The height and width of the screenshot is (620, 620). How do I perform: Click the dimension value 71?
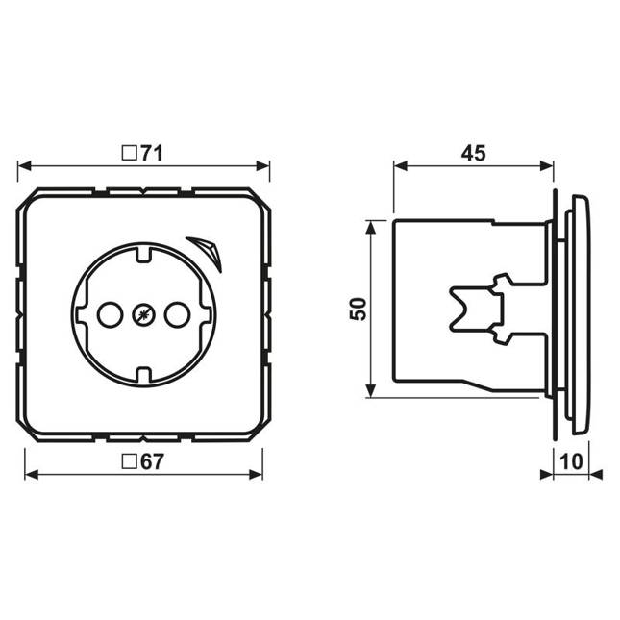152,154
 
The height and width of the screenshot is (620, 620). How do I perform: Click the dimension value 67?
152,461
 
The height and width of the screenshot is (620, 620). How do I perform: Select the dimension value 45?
473,154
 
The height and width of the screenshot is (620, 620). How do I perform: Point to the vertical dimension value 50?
359,309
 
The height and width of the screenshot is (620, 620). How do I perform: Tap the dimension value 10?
571,461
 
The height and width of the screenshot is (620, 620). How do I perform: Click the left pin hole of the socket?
110,314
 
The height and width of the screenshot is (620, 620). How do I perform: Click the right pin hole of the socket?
178,314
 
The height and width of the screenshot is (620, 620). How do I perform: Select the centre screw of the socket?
143,314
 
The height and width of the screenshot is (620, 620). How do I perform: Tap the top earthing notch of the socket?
143,253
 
